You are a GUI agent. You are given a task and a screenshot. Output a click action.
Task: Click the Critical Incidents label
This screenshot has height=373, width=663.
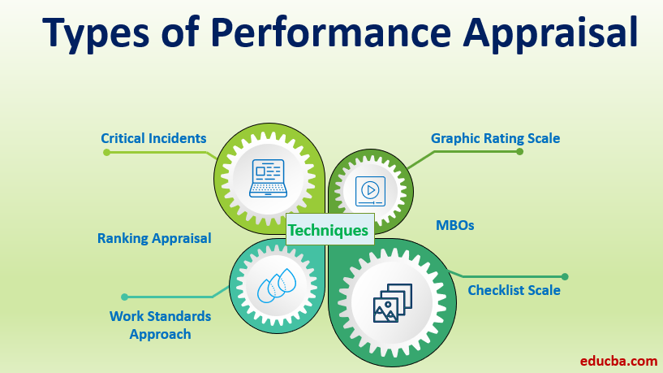point(153,138)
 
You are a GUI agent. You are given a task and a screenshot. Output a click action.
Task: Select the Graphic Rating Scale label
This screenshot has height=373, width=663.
point(495,138)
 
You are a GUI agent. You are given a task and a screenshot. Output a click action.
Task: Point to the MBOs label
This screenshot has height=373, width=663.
point(455,226)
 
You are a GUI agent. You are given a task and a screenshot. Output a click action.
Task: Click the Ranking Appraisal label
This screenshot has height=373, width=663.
point(154,238)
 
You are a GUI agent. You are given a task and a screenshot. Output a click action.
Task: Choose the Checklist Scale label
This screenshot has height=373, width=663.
point(514,290)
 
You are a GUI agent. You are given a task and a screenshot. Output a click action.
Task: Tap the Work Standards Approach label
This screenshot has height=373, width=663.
point(160,324)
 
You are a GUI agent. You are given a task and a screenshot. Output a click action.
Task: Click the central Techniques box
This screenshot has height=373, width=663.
point(329,230)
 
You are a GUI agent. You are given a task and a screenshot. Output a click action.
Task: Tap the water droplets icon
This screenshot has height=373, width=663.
point(276,286)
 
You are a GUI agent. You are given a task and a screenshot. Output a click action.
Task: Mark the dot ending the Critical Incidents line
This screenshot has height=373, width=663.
point(106,152)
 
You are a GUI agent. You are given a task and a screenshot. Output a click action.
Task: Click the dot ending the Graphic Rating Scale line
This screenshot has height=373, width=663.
point(519,151)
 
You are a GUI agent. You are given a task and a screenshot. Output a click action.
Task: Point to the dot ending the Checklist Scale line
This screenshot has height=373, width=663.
point(565,276)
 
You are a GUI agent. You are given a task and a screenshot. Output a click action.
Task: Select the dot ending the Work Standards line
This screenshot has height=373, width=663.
point(124,297)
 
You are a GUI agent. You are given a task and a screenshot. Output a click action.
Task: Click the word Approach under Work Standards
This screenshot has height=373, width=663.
point(160,333)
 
